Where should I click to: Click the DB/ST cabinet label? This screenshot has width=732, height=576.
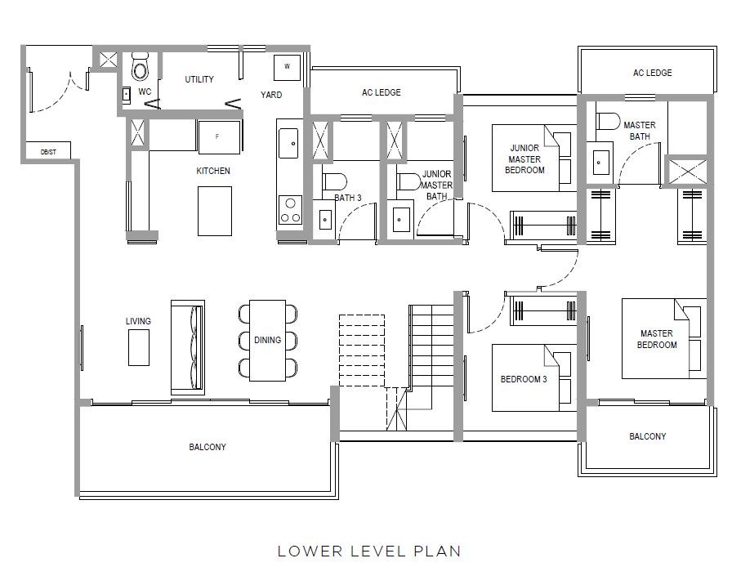(48, 152)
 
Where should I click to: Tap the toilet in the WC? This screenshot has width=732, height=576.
(140, 67)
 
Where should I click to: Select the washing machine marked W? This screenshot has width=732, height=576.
(287, 67)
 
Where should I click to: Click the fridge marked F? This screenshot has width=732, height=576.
(219, 136)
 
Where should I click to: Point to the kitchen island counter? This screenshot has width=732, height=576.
(215, 211)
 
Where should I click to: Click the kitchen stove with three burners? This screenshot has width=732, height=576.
(290, 211)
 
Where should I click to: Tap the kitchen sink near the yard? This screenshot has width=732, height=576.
(288, 143)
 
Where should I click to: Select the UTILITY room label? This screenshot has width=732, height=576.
(199, 79)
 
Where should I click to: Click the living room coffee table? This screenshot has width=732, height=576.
(139, 347)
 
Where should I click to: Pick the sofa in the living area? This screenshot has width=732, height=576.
(188, 347)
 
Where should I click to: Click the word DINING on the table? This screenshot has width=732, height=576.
(267, 340)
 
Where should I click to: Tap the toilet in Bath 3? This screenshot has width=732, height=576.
(334, 181)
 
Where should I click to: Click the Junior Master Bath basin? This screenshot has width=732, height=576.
(401, 219)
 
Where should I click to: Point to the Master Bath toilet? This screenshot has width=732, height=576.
(608, 121)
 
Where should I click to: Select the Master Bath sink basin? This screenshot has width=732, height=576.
(600, 163)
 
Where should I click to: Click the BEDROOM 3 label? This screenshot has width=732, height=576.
(524, 379)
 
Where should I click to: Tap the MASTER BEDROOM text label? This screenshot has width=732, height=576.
(657, 339)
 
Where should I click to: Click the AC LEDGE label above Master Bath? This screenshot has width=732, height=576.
(652, 73)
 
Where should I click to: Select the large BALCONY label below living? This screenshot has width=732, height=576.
(208, 447)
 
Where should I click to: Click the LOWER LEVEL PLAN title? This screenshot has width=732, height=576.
(369, 551)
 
